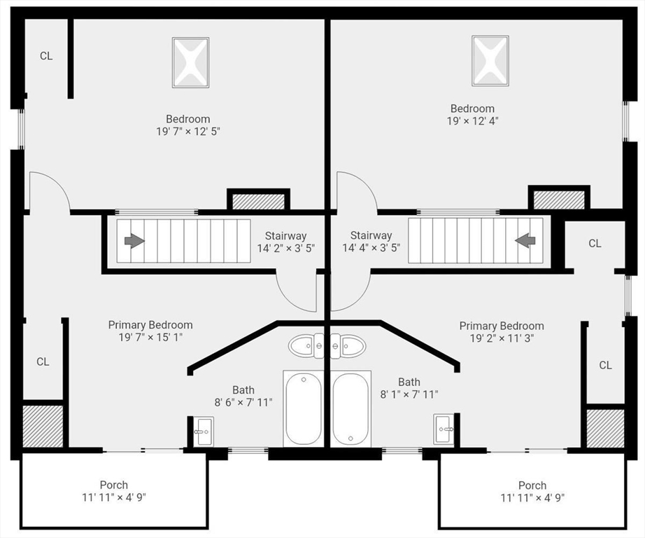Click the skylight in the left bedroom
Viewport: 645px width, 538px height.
pyautogui.click(x=190, y=62)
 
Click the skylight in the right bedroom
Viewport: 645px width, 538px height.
pyautogui.click(x=490, y=61)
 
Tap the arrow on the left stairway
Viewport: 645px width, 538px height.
pyautogui.click(x=134, y=241)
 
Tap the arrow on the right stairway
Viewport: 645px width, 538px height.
pyautogui.click(x=525, y=240)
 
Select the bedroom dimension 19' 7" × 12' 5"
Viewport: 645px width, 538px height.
pyautogui.click(x=188, y=132)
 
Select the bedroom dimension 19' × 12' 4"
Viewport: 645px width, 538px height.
pyautogui.click(x=473, y=121)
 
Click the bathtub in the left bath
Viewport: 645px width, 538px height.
pyautogui.click(x=303, y=408)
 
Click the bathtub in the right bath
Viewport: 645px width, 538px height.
pyautogui.click(x=350, y=408)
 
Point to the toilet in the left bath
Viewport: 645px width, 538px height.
pyautogui.click(x=306, y=345)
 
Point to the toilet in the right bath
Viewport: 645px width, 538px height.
pyautogui.click(x=348, y=345)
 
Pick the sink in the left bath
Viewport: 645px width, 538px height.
pyautogui.click(x=204, y=431)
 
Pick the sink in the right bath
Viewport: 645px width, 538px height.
pyautogui.click(x=444, y=429)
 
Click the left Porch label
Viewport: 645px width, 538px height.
pyautogui.click(x=114, y=485)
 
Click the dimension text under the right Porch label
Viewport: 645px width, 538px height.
pyautogui.click(x=532, y=497)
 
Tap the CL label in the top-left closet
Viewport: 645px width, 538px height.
pyautogui.click(x=46, y=56)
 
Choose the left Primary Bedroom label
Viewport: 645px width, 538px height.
pyautogui.click(x=150, y=325)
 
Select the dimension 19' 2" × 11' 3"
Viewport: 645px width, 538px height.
pyautogui.click(x=502, y=338)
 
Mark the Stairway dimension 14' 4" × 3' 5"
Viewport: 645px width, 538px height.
pyautogui.click(x=371, y=248)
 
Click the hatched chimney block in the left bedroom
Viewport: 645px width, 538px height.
pyautogui.click(x=259, y=202)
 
